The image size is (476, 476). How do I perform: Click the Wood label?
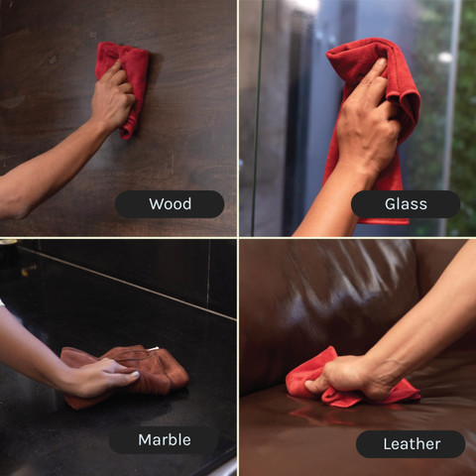pyautogui.click(x=170, y=204)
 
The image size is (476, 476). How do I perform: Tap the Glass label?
pyautogui.click(x=406, y=204)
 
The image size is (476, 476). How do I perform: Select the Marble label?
pyautogui.click(x=165, y=440)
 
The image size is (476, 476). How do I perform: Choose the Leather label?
pyautogui.click(x=411, y=444)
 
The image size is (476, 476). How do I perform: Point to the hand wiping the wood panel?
pyautogui.click(x=112, y=96)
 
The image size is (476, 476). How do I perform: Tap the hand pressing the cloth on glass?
pyautogui.click(x=367, y=122)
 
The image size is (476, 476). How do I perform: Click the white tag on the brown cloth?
pyautogui.click(x=153, y=348)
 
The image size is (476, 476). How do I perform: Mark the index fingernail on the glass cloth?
pyautogui.click(x=382, y=61)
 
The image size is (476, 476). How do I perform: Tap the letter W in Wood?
pyautogui.click(x=156, y=204)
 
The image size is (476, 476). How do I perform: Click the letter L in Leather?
pyautogui.click(x=388, y=444)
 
